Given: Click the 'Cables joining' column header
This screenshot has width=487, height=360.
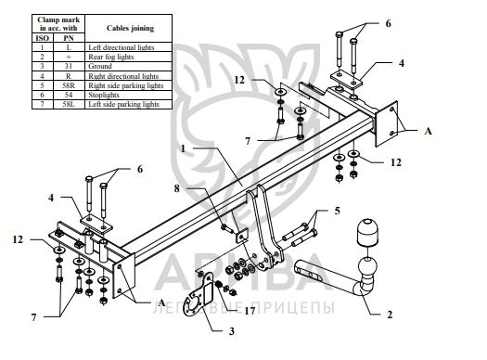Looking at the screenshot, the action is pos(130,28).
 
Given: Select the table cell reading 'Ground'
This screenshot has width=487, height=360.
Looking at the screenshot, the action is pos(100,66).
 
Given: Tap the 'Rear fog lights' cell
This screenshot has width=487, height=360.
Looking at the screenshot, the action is pos(111,57).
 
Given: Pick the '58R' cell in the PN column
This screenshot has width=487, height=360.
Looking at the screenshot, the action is pos(69,85).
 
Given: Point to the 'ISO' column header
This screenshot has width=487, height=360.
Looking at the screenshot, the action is pos(43,38).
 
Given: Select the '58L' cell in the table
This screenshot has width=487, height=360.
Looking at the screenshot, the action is pos(69,104).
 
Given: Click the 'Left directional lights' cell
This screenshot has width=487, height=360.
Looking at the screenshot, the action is pos(122,47).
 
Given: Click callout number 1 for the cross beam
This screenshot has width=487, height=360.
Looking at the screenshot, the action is pos(184,148).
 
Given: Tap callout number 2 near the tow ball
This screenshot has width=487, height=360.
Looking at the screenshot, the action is pos(390,315).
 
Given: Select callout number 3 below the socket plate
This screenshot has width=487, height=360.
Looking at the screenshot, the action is pos(232,331).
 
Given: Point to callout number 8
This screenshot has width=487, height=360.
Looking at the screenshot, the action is pos(177,188).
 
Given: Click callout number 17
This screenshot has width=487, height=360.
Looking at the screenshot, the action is pos(250,310).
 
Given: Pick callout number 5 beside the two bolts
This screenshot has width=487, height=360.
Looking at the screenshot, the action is pos(338,211).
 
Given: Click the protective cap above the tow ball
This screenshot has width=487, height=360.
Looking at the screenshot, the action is pos(368,231).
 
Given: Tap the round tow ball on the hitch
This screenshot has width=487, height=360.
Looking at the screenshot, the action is pos(367,267).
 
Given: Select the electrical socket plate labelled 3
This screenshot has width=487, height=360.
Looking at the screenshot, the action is pos(199,294).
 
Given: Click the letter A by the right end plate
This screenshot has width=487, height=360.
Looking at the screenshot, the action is pos(428,131).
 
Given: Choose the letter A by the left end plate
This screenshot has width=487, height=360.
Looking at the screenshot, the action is pos(161,302).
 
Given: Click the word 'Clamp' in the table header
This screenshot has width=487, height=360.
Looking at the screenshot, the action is pos(47,19).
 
